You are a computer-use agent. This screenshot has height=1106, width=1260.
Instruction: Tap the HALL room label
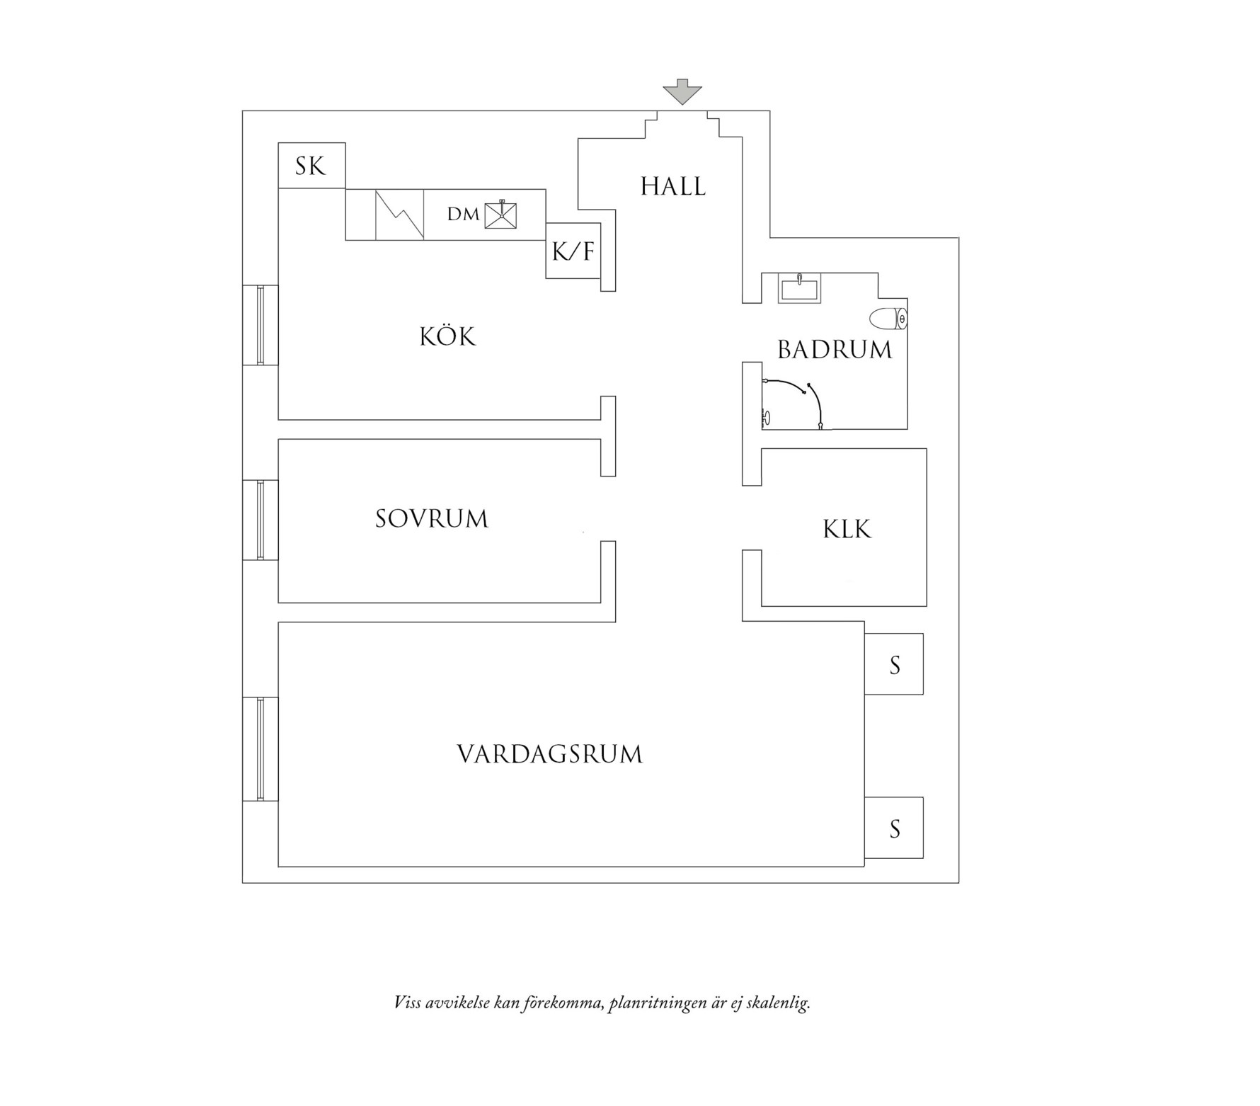tap(672, 187)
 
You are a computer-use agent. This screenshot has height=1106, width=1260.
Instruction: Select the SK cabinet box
tap(311, 166)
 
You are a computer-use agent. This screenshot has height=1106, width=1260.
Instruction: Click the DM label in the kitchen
tap(463, 215)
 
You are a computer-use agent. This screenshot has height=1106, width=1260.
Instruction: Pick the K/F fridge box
tap(573, 251)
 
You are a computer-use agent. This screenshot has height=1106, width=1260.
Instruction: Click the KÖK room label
tap(447, 336)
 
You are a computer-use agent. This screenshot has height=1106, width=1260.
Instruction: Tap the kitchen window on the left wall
tap(260, 325)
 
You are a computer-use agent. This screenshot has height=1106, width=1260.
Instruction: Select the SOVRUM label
tap(432, 519)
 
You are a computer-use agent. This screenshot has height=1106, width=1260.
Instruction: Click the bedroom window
tap(260, 520)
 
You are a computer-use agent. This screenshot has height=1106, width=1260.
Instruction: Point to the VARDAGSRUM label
tap(550, 754)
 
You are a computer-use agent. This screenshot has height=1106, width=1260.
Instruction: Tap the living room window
tap(260, 749)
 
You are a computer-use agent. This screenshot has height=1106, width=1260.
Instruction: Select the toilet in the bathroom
tap(889, 319)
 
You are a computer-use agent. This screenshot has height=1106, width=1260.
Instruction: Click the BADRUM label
tap(835, 350)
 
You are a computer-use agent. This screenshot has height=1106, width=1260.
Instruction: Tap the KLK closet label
tap(847, 530)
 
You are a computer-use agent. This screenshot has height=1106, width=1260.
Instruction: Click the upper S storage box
tap(894, 664)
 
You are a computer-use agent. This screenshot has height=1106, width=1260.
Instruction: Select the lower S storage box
tap(894, 828)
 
